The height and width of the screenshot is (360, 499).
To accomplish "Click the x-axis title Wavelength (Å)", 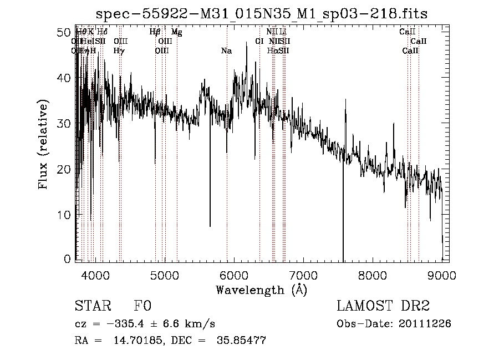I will tap(261, 290).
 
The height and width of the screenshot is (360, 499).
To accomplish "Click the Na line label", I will tap(226, 51).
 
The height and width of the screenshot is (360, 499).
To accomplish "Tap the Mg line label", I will tap(176, 32).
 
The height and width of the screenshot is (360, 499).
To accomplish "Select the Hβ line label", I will tap(155, 32).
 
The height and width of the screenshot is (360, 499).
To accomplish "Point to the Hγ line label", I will tap(119, 51).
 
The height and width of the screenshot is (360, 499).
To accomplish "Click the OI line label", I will tap(259, 42).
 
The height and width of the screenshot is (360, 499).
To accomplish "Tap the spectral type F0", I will tap(142, 307).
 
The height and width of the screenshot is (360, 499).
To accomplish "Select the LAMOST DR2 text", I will tap(383, 307).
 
